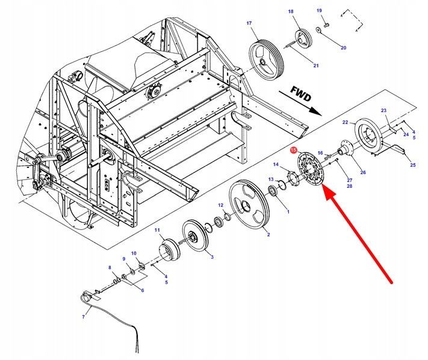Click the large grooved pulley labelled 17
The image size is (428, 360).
[265, 58]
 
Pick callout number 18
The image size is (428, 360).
[291, 12]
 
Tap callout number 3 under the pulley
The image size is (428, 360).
[211, 256]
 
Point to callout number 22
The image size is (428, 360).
[346, 122]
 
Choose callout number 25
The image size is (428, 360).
[412, 164]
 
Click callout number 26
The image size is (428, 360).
[362, 173]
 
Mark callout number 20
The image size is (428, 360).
[343, 48]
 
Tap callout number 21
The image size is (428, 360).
[316, 65]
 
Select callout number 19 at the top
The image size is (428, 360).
[320, 10]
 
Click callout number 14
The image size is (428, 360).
[276, 164]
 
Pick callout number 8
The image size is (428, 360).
[110, 267]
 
